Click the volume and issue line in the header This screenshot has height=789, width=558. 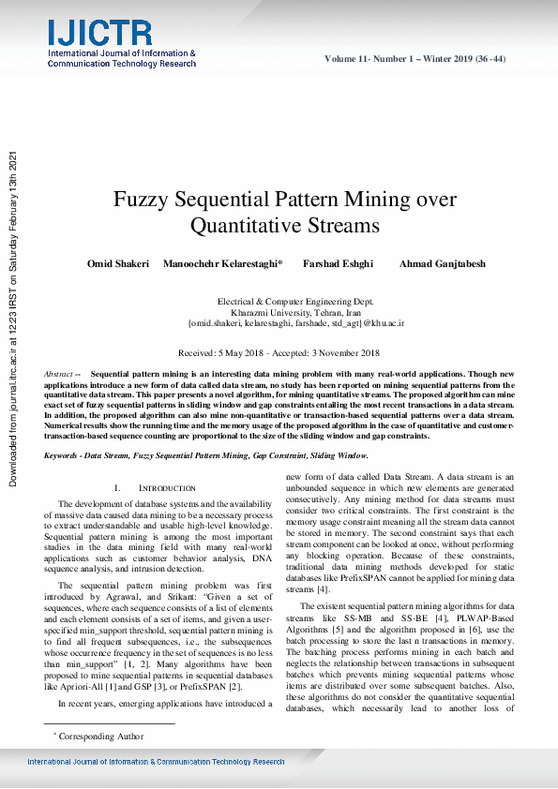click(x=415, y=59)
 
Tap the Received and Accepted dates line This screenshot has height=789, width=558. click(x=279, y=352)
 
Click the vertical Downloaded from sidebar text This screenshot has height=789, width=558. click(x=13, y=319)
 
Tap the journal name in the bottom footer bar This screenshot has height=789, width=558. click(x=156, y=763)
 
